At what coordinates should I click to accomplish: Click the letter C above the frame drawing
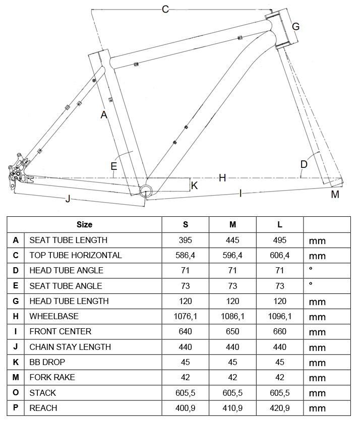(165, 9)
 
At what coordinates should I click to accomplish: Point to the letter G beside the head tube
(296, 26)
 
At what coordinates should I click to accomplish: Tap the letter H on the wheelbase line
(222, 177)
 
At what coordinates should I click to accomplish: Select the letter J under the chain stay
(68, 199)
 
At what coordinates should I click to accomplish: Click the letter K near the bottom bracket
(195, 186)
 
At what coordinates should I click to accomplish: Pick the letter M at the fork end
(335, 195)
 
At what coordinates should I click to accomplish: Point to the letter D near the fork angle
(304, 164)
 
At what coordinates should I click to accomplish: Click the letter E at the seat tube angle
(114, 166)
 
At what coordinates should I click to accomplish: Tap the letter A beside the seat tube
(104, 115)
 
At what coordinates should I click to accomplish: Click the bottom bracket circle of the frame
(146, 190)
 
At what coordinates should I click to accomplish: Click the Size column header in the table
(84, 224)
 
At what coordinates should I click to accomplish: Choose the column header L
(280, 224)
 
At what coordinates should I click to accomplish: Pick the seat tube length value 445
(232, 240)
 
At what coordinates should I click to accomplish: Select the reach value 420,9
(280, 408)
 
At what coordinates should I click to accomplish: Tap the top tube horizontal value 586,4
(185, 255)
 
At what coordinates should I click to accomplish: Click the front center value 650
(232, 331)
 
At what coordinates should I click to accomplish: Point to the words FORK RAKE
(52, 377)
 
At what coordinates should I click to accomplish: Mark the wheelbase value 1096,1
(280, 316)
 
